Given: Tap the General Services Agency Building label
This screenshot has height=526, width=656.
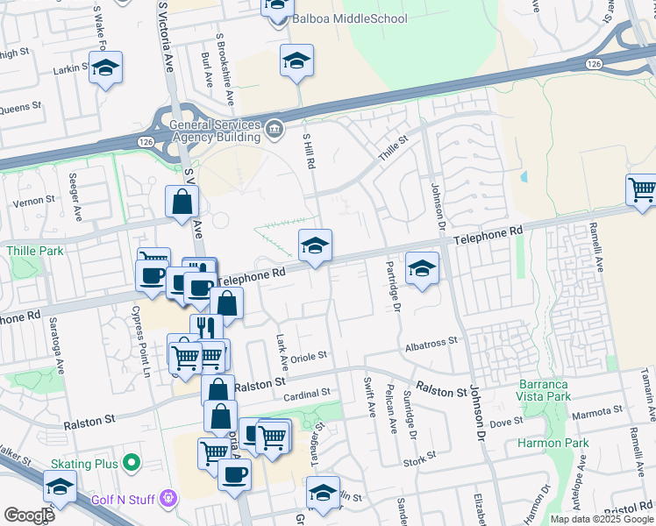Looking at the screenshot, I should click(217, 130).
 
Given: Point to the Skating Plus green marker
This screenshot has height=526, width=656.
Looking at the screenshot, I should click(132, 461).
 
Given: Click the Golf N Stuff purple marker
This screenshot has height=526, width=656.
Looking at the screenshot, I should click(168, 500).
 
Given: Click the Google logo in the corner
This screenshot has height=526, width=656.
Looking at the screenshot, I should click(29, 515).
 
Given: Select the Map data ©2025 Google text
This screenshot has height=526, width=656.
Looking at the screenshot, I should click(602, 519).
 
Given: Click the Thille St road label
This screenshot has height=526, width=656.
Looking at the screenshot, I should click(393, 146).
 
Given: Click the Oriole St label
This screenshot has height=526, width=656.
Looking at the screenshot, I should click(309, 356).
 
